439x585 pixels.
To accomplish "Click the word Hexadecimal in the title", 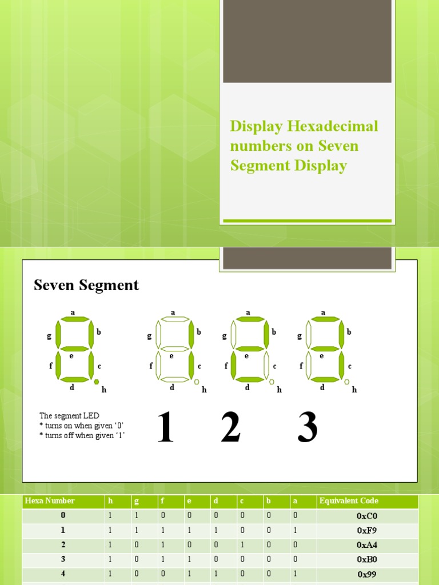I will tap(331, 126).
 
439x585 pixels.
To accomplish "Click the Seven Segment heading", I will tap(86, 285).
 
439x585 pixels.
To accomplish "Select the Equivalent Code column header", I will tap(349, 501).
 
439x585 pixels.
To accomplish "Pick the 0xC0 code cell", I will tap(367, 516).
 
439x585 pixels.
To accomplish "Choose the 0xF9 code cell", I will tap(367, 530).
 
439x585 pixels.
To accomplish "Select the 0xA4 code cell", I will tap(367, 545).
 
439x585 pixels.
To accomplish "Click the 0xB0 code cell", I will tap(367, 559).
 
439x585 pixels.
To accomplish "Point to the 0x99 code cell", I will tap(367, 574).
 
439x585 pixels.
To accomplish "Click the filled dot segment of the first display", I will tap(97, 382).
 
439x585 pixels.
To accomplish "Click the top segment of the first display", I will tap(73, 319).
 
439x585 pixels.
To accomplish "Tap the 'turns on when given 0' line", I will tap(82, 426).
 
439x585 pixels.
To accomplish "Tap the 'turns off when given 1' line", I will tap(82, 435).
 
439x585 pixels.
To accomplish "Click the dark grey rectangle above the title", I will tap(307, 41).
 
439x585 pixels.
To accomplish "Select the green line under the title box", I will tap(307, 221).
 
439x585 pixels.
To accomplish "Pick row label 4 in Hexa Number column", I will tap(63, 574).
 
